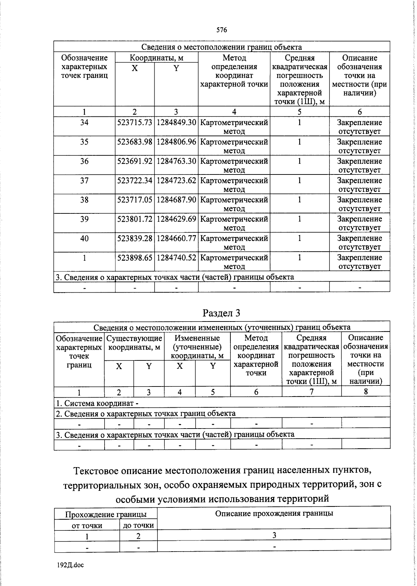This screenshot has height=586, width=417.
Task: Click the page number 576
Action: [221, 30]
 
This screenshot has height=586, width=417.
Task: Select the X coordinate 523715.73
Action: [135, 123]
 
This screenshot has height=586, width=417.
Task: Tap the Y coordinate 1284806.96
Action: [176, 142]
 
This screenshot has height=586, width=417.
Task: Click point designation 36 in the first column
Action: [84, 161]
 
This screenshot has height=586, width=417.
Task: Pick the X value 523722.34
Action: [135, 181]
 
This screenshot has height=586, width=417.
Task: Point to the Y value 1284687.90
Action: [176, 200]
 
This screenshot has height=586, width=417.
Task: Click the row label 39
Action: [84, 219]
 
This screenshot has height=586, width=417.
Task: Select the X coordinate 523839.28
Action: [135, 238]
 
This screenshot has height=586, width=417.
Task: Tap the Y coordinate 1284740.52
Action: [176, 258]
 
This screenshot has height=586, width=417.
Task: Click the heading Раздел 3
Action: [221, 313]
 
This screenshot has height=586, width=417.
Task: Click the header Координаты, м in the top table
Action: [156, 58]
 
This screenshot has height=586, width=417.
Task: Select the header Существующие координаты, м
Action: [134, 343]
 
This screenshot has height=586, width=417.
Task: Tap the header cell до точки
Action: [138, 526]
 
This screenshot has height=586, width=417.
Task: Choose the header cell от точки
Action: [87, 526]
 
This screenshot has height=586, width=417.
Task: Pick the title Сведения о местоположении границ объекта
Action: [221, 47]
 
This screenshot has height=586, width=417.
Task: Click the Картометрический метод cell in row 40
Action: [234, 243]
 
